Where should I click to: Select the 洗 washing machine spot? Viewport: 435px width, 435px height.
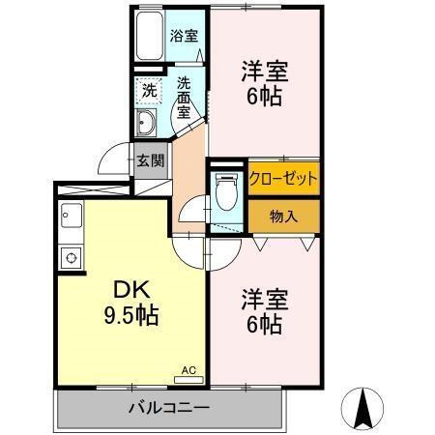149,90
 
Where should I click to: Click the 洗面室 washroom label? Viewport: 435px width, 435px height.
185,98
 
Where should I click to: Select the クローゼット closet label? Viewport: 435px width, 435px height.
283,178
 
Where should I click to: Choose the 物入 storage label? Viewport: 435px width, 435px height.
283,215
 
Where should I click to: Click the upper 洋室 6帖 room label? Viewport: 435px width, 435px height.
265,81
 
